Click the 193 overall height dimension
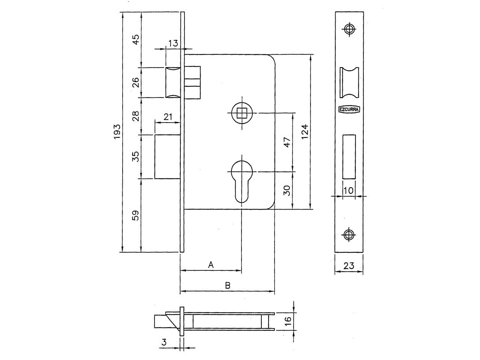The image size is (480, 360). [x=117, y=131]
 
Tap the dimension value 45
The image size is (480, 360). [x=136, y=40]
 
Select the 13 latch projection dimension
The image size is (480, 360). [x=173, y=43]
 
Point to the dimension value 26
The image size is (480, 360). [x=136, y=82]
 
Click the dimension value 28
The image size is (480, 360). [x=136, y=116]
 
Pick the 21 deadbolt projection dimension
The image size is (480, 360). [x=168, y=117]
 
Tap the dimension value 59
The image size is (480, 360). [x=136, y=215]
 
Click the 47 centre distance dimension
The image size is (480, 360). [x=287, y=142]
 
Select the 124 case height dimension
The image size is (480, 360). [x=305, y=131]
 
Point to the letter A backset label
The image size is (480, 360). [x=211, y=265]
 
